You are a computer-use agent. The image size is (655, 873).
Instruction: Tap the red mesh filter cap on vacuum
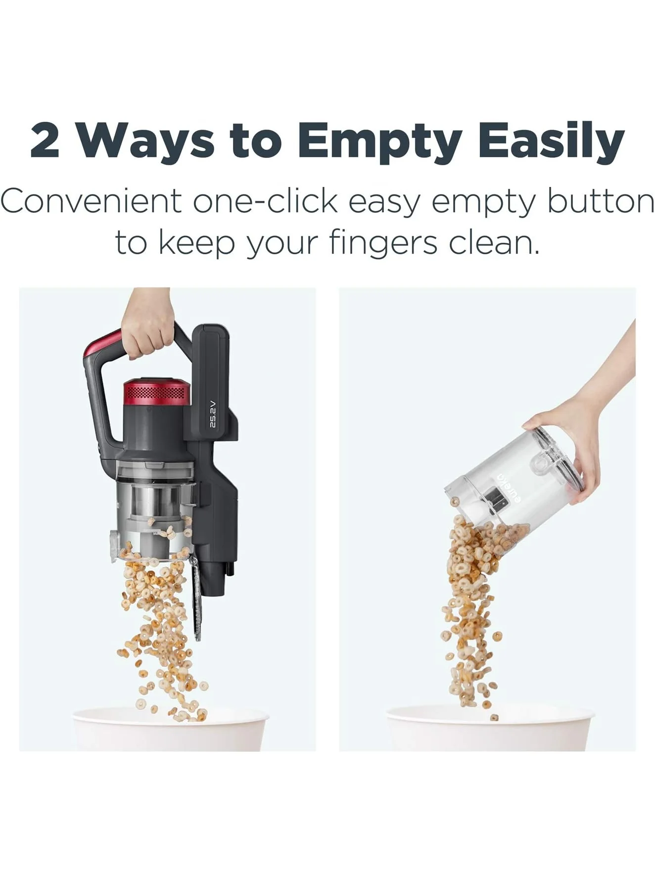tap(157, 393)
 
